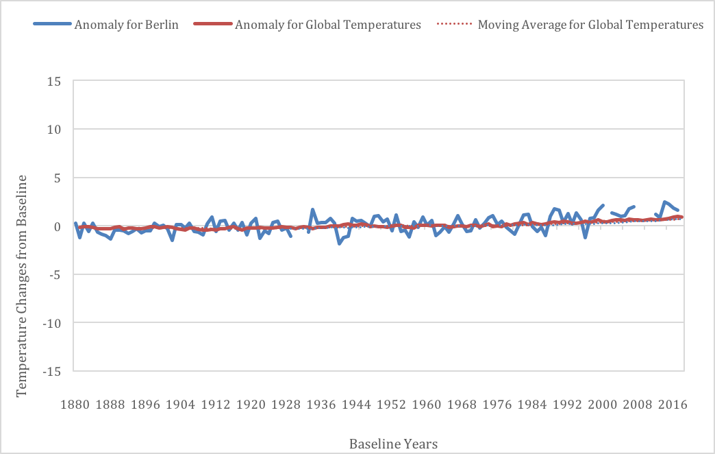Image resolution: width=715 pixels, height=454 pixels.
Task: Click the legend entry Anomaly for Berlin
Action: (126, 25)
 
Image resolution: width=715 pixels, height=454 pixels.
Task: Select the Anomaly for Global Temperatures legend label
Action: (328, 25)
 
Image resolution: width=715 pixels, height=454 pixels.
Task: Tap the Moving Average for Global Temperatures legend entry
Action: (590, 25)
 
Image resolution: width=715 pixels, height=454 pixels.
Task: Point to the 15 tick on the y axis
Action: (54, 82)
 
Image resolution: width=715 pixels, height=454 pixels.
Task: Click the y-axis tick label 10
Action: (54, 130)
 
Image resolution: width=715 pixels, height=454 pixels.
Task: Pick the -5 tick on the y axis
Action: (54, 275)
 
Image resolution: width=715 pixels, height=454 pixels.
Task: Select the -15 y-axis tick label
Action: (51, 372)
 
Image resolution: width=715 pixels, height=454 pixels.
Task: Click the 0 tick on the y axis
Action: (58, 226)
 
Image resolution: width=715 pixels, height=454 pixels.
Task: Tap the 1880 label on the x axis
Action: (75, 405)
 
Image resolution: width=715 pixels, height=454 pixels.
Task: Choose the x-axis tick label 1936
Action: (321, 405)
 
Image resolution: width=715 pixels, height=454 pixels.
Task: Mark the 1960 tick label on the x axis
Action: (427, 405)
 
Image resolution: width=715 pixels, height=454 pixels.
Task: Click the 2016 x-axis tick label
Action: (673, 405)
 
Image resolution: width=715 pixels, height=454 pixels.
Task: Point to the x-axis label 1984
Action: (532, 405)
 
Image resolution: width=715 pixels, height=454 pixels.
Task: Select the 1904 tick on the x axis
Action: (181, 405)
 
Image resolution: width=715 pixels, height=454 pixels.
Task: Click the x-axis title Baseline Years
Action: (394, 444)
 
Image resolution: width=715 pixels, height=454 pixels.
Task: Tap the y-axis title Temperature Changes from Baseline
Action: (22, 286)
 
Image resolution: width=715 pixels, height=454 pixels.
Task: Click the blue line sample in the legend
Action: (53, 24)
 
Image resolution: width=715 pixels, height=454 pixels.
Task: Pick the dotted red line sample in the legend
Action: (455, 24)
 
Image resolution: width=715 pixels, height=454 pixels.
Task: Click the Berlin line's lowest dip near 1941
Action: (339, 243)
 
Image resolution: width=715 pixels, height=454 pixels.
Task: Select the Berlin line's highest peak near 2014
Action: (665, 202)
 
